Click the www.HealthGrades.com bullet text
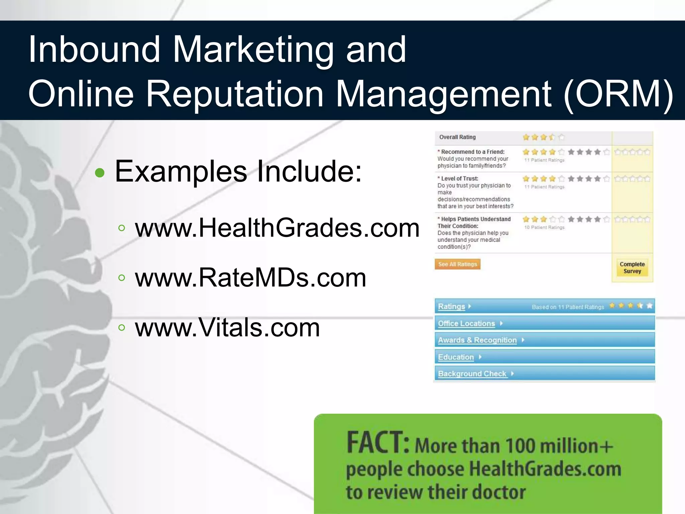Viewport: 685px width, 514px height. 277,228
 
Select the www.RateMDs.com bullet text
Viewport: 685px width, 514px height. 251,278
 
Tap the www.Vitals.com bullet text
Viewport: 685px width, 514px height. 227,328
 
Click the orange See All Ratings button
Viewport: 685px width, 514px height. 457,264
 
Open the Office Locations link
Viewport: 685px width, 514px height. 466,324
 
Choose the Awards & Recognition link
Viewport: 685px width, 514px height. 477,340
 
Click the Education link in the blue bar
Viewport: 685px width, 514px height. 456,357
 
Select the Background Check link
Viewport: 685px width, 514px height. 472,374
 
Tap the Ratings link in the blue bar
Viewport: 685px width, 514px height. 452,307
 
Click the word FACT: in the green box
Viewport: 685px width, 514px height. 378,442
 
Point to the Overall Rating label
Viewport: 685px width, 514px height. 457,137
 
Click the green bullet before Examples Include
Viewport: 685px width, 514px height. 100,173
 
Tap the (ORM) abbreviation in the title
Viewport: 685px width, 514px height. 618,94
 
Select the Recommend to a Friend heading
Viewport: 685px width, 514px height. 473,152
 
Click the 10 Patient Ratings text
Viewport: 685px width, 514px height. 544,228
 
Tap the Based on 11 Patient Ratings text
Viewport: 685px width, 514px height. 568,307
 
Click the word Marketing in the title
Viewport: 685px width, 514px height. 253,50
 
